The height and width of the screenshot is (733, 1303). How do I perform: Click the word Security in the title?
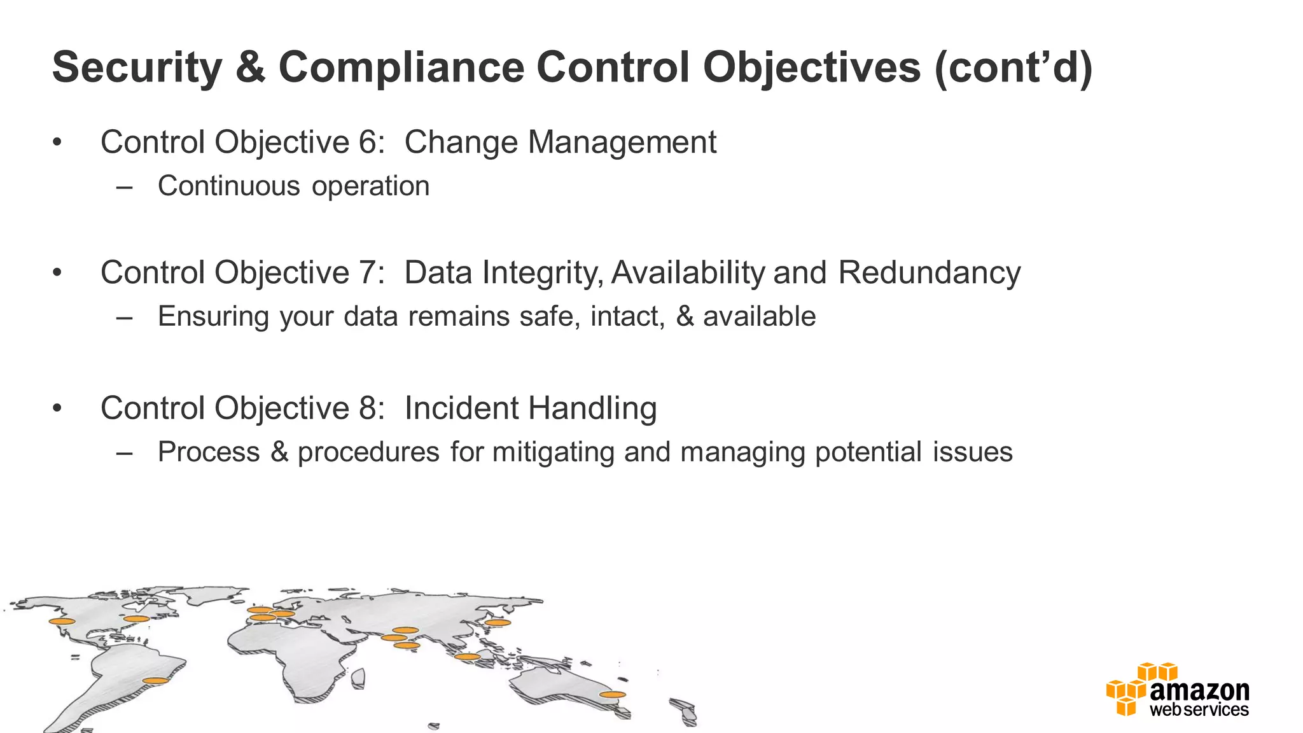click(137, 67)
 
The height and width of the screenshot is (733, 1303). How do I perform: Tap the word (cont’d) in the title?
click(1013, 67)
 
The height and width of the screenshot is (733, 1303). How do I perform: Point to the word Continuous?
click(228, 186)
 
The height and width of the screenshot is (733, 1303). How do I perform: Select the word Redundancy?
click(929, 272)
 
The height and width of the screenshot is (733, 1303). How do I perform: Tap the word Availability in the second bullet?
click(688, 272)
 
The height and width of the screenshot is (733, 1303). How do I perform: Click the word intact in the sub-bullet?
click(627, 316)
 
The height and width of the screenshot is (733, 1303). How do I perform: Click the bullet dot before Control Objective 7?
click(57, 273)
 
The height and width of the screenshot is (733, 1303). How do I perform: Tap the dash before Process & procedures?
click(125, 452)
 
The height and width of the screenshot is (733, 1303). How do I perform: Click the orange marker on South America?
click(155, 680)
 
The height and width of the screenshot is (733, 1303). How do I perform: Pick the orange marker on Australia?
click(612, 694)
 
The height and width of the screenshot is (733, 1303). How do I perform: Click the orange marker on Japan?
click(498, 622)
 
